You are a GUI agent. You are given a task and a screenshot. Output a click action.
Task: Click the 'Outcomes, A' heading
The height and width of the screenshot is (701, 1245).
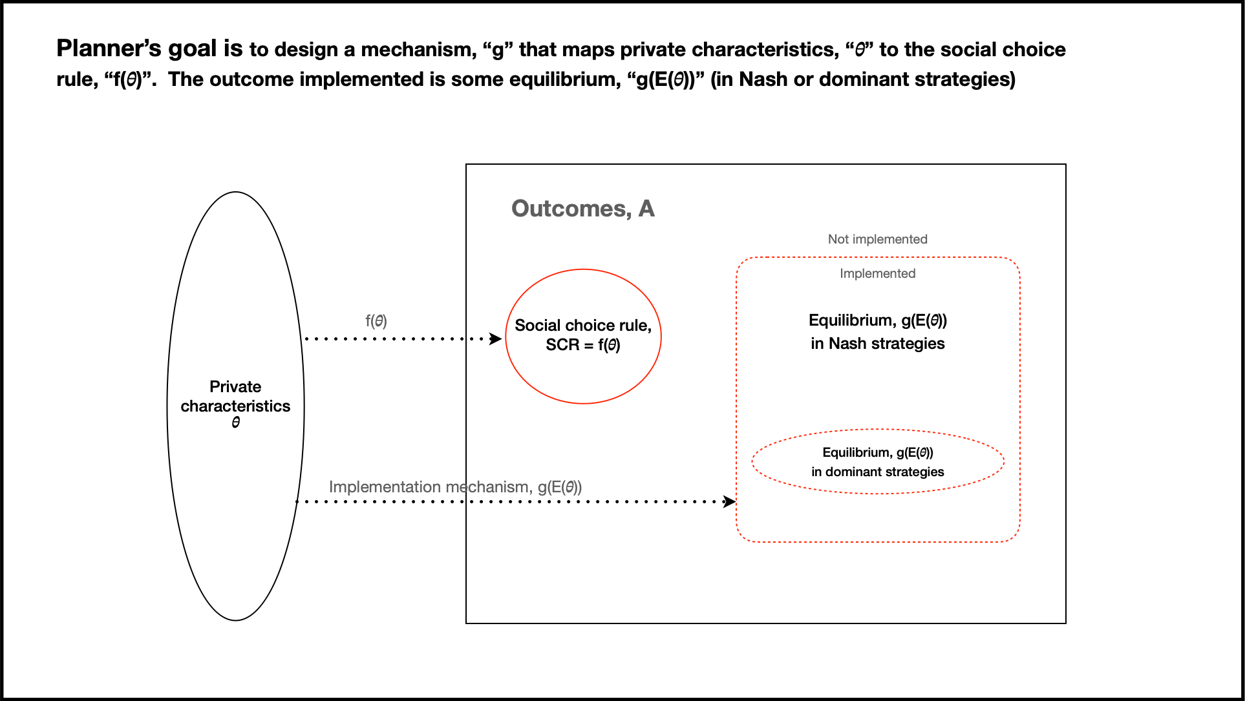[582, 209]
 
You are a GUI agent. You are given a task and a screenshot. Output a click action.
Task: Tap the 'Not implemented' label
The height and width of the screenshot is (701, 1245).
[877, 239]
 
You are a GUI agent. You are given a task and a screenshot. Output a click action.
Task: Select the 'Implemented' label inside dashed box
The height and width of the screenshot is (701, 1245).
[877, 273]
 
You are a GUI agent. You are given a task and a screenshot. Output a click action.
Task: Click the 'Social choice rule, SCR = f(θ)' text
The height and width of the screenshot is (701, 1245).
[582, 335]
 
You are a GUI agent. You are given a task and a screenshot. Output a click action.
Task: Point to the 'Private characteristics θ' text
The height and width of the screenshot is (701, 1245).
[235, 404]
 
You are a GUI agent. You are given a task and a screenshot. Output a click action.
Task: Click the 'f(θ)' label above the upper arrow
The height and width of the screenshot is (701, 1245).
[376, 320]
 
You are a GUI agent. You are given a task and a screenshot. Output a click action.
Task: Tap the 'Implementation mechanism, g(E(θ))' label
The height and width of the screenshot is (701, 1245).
[455, 487]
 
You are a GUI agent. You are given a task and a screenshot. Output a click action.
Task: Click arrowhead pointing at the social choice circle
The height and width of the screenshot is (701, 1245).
[496, 339]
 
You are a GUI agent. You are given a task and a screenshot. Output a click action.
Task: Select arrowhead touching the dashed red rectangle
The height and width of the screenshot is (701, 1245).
[730, 501]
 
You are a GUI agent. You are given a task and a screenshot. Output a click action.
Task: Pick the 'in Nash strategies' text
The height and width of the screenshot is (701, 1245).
[877, 344]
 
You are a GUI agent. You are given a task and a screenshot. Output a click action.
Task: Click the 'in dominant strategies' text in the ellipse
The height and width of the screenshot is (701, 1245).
[877, 472]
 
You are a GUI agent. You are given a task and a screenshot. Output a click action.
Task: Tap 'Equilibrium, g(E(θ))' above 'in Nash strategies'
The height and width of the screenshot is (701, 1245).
[877, 320]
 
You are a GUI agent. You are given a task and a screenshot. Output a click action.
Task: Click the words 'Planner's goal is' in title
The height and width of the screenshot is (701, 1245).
[149, 48]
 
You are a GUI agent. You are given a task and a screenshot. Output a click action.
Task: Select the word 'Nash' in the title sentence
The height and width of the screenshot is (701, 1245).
[763, 79]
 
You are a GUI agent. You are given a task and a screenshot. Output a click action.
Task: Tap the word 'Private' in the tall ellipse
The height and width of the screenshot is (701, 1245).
[235, 386]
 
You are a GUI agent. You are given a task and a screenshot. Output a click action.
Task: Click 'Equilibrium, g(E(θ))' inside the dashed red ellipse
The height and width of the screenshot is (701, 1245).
[877, 452]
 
